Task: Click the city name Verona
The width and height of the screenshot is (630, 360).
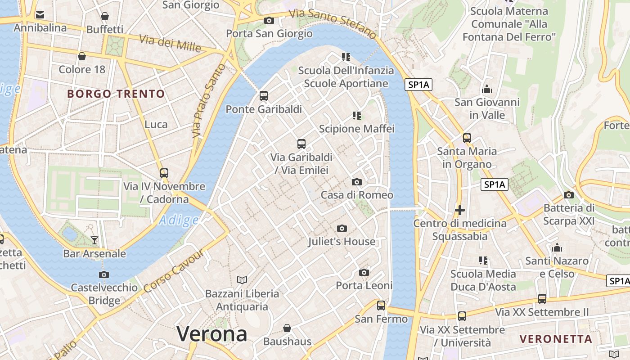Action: (211, 334)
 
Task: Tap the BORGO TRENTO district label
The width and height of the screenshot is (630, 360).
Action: (116, 94)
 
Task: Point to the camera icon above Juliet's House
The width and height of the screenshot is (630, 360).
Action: (342, 229)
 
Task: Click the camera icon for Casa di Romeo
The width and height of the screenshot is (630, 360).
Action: (357, 182)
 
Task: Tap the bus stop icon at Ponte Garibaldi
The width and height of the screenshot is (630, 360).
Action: (264, 96)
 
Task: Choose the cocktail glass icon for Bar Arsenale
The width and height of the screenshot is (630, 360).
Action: (94, 240)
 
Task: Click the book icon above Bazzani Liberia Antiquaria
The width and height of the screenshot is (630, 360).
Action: (242, 280)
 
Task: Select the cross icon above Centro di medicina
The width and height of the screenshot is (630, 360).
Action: (459, 210)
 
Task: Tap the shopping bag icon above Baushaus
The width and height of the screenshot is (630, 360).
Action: (287, 328)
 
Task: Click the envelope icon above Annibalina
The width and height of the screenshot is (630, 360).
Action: (40, 15)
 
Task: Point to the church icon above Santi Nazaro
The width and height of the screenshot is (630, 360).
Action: (557, 248)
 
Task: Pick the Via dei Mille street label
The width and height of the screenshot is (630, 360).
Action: (170, 43)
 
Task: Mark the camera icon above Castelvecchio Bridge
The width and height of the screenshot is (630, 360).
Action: (104, 274)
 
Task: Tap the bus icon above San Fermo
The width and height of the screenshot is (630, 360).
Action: (381, 306)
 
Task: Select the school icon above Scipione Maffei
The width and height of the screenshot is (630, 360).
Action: (357, 116)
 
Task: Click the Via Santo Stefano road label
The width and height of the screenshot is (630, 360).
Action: (332, 23)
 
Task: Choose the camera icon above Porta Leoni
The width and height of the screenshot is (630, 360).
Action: (364, 273)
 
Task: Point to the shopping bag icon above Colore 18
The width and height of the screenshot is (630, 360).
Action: (82, 56)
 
